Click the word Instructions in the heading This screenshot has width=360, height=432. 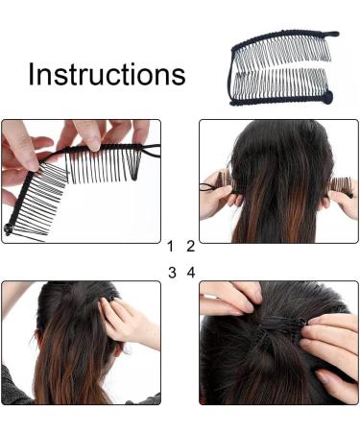point(107,74)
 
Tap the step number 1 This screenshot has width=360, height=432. point(170,247)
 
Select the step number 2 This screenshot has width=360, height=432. point(191,247)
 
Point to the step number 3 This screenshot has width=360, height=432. point(172,273)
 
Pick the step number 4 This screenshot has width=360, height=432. point(191,273)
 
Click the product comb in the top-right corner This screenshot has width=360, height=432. point(283,68)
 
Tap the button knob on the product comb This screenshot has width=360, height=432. point(327,95)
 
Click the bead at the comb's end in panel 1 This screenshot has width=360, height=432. point(8,229)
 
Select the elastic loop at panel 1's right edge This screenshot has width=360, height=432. point(151,151)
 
